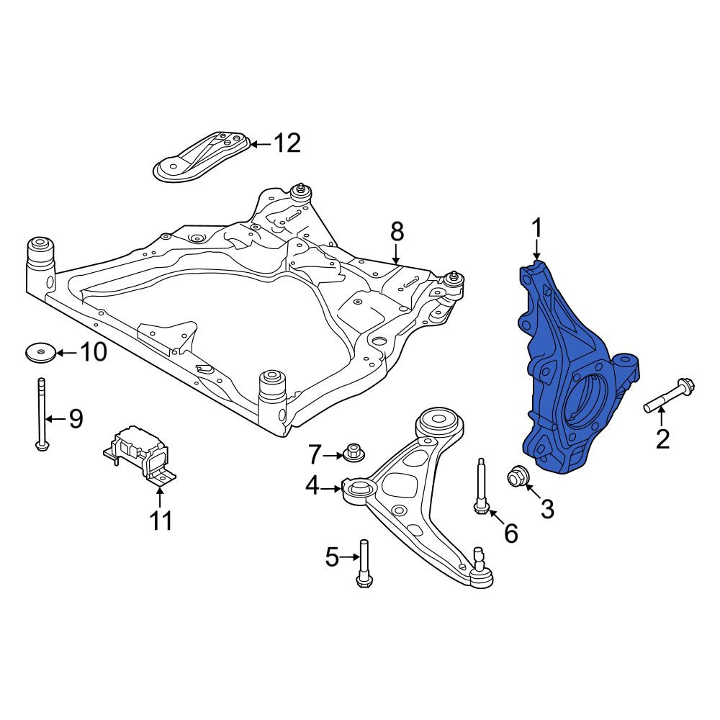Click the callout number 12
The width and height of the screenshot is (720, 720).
pos(287,143)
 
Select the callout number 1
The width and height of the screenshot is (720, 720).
pos(537,228)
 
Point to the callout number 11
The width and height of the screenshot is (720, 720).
pos(161,521)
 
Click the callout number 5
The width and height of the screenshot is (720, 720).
pos(331,557)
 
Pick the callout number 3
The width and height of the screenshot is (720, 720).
pos(547,509)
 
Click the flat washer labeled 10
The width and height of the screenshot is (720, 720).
pos(40,353)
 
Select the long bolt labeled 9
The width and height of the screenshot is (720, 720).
pos(41,414)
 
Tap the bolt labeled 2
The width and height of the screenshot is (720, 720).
pos(670,395)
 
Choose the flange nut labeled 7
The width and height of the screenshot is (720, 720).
pos(353,452)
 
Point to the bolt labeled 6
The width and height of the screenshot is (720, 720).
pos(481,487)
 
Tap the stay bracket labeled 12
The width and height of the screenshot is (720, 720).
pos(200,158)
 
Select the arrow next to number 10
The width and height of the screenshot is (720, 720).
pos(66,353)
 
